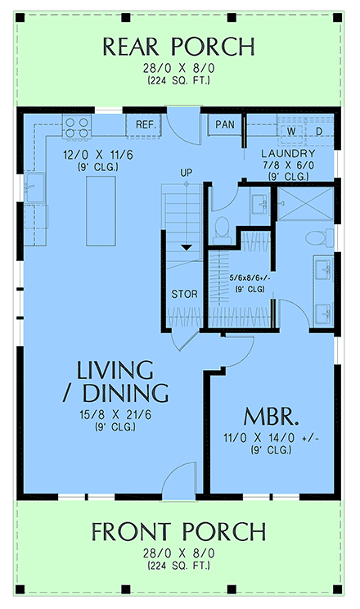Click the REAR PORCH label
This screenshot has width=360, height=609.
[179, 47]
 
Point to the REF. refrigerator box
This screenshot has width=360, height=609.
[146, 124]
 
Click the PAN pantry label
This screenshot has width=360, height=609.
[224, 124]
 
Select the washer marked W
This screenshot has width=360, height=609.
[290, 131]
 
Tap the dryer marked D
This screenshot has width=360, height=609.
[318, 131]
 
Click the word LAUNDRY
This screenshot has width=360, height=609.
[287, 154]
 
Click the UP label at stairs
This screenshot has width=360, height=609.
[186, 173]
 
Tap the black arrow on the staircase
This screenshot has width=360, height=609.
[186, 246]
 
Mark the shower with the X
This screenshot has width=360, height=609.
[304, 201]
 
